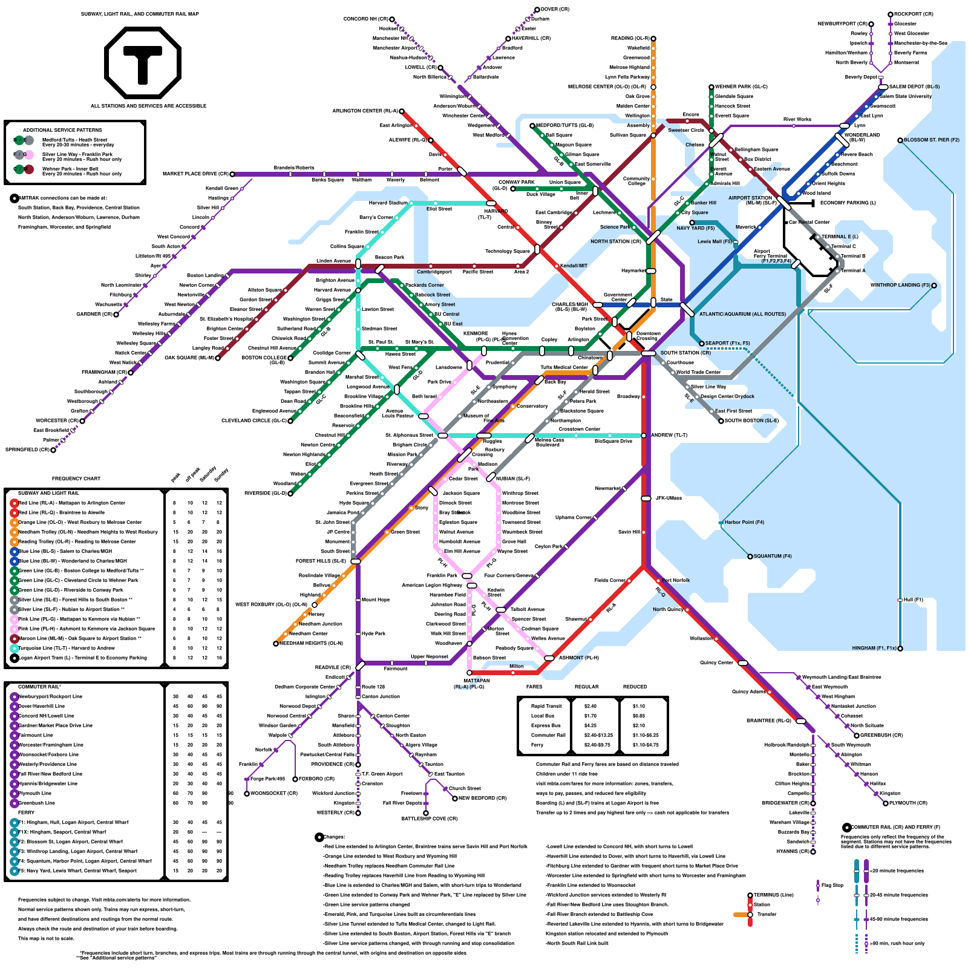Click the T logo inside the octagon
click(x=143, y=62)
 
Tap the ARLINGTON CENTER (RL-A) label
click(x=365, y=111)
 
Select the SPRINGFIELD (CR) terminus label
click(x=27, y=450)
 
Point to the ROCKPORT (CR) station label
click(x=914, y=14)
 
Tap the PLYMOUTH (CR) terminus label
click(x=908, y=803)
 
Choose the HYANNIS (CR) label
click(x=793, y=851)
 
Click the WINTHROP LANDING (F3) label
click(x=900, y=285)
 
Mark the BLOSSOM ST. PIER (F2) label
click(x=932, y=140)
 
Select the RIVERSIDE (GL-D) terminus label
click(x=265, y=493)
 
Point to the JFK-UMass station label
click(x=669, y=498)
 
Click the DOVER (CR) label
click(x=555, y=9)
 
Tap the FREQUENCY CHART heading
click(x=76, y=479)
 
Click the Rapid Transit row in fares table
click(x=546, y=706)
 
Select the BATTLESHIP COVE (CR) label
click(x=430, y=819)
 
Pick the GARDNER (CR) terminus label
click(x=94, y=314)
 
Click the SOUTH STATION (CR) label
click(x=685, y=353)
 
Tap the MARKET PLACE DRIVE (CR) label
click(x=195, y=174)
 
